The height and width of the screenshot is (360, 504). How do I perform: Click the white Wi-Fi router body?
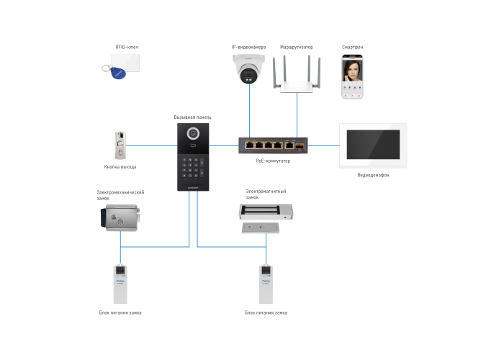tap(297, 86)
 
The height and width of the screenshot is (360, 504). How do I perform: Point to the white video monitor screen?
tap(373, 145)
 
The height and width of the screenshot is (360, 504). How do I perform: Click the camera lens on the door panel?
tap(192, 134)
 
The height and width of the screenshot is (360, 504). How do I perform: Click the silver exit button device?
tap(120, 145)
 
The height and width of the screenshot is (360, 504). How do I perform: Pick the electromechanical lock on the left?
tap(120, 217)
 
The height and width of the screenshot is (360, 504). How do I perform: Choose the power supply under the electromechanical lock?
tap(120, 284)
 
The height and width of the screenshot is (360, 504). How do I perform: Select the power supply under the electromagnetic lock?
tap(266, 284)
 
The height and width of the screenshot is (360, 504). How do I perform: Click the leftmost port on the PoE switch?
tap(248, 144)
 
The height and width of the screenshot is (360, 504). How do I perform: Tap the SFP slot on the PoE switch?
tap(299, 145)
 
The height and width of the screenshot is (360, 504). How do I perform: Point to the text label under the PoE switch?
tap(272, 161)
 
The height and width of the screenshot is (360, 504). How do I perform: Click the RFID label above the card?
tap(126, 47)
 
